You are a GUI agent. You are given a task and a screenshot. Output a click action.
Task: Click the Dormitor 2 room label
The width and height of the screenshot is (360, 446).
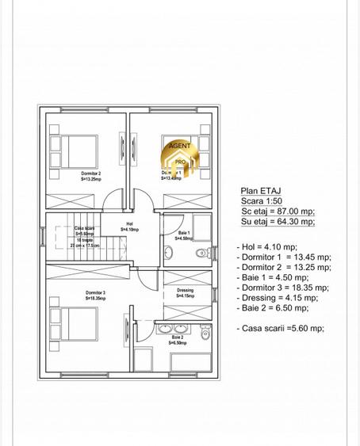[x=90, y=176]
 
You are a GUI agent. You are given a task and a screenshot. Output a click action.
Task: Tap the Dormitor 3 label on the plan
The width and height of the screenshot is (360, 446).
[x=95, y=295]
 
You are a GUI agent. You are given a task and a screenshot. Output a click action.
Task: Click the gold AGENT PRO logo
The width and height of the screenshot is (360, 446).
[x=179, y=155]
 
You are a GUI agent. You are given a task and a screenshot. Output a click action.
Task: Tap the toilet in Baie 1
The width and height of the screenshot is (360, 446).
[x=203, y=253]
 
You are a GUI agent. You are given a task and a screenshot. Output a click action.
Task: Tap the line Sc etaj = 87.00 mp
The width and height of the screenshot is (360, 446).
[x=278, y=212]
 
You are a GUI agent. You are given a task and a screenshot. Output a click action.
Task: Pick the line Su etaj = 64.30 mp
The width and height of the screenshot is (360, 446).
[x=278, y=223]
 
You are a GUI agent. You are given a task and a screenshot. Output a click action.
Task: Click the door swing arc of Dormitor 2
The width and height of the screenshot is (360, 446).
[x=114, y=200]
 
